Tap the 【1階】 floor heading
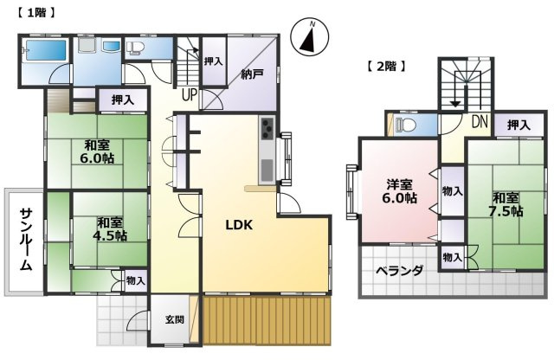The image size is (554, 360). click(x=35, y=13)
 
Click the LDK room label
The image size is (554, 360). click(x=239, y=225)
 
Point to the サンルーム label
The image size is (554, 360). click(x=26, y=240)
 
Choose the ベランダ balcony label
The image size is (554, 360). click(x=400, y=271)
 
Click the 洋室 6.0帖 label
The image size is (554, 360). click(x=401, y=191)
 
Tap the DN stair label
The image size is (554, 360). click(x=479, y=122)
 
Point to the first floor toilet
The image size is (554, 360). click(x=137, y=48)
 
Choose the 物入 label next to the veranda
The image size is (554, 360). click(x=451, y=257)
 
